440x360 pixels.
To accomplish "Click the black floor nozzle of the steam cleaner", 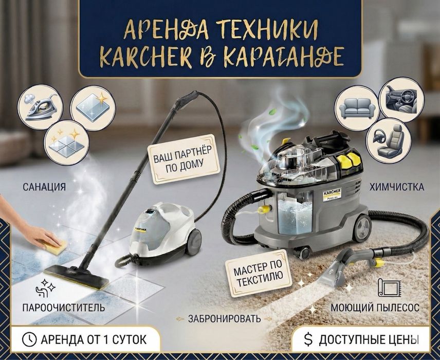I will pos(76,277).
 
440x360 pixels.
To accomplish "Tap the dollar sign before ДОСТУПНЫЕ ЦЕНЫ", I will pos(308,339).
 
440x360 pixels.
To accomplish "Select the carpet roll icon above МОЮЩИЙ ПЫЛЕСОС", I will pos(387,289).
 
